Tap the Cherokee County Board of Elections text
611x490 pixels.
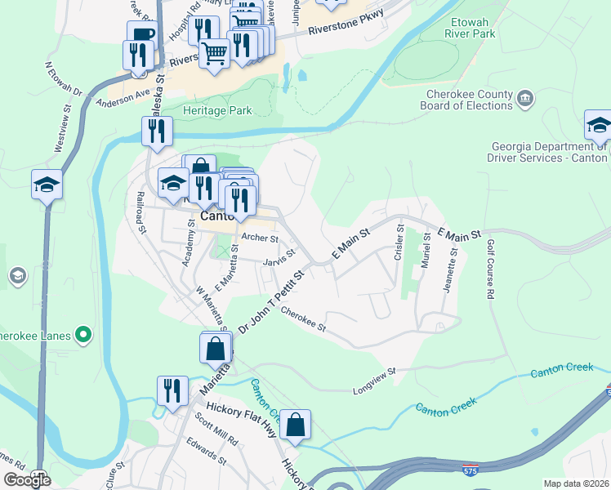(x=466, y=100)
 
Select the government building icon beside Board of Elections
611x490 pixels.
(x=525, y=99)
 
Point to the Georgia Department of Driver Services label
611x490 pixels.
(x=549, y=152)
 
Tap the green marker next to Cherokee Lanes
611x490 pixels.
(x=83, y=335)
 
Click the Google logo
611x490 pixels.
(x=27, y=480)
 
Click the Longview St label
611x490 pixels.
(x=375, y=372)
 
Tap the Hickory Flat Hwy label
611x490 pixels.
(x=242, y=410)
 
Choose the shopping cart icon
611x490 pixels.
(x=214, y=54)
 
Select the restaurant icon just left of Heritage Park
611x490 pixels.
(x=156, y=131)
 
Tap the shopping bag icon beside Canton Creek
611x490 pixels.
(x=296, y=425)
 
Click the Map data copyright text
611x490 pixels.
(x=577, y=483)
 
